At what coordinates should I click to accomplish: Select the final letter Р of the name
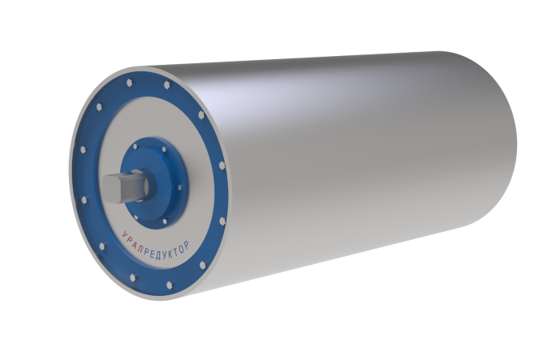pos(186,245)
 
